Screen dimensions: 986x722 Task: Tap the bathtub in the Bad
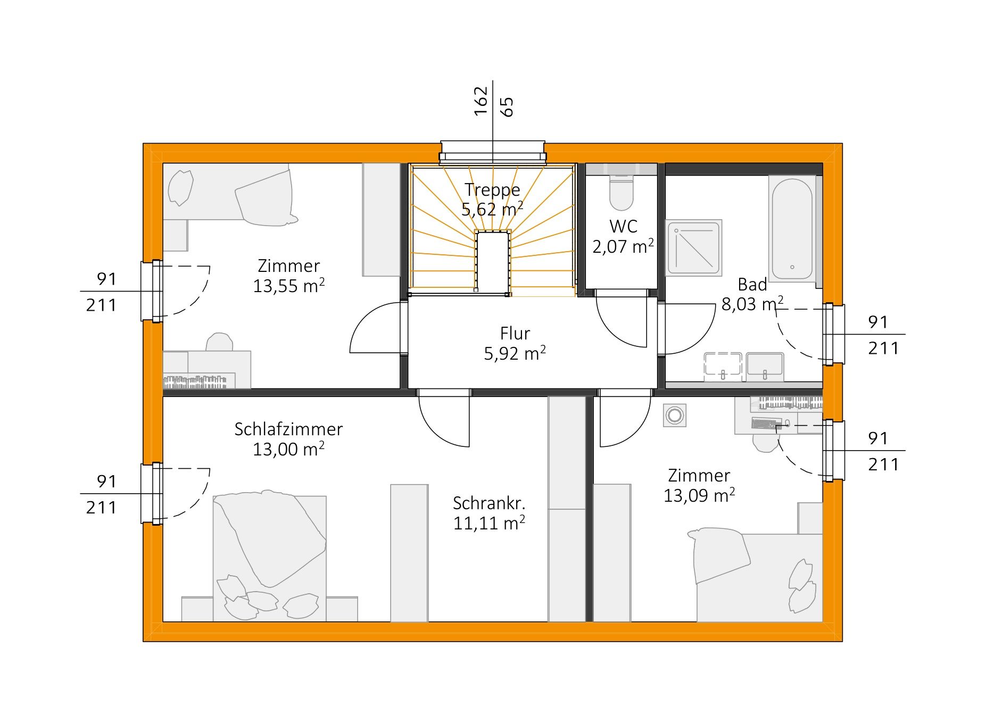pyautogui.click(x=792, y=229)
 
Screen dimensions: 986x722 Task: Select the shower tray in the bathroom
pyautogui.click(x=694, y=247)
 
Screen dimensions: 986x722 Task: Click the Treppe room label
pyautogui.click(x=492, y=189)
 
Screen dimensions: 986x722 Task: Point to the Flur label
pyautogui.click(x=515, y=333)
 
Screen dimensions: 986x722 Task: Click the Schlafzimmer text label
pyautogui.click(x=288, y=429)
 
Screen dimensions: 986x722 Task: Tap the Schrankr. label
pyautogui.click(x=489, y=503)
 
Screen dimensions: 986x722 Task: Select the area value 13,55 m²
pyautogui.click(x=288, y=286)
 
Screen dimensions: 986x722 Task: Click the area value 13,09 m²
pyautogui.click(x=699, y=495)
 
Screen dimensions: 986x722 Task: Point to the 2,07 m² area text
pyautogui.click(x=623, y=246)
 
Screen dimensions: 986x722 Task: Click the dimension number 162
pyautogui.click(x=480, y=101)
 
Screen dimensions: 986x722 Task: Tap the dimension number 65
pyautogui.click(x=507, y=106)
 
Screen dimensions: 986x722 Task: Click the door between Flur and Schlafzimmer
pyautogui.click(x=444, y=418)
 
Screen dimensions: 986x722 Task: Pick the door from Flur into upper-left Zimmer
pyautogui.click(x=375, y=327)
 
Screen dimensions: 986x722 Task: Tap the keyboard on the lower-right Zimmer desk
pyautogui.click(x=767, y=424)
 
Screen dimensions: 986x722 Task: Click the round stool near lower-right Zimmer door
pyautogui.click(x=675, y=416)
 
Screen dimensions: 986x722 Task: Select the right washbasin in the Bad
pyautogui.click(x=765, y=366)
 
